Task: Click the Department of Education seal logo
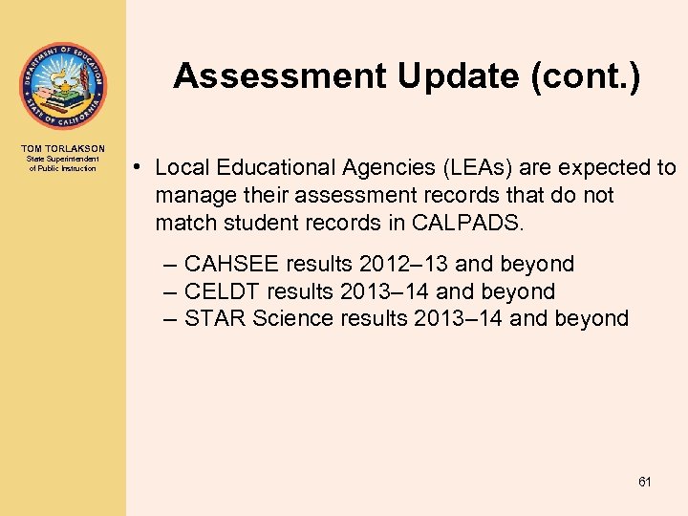pyautogui.click(x=62, y=86)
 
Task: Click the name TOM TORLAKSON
pyautogui.click(x=63, y=148)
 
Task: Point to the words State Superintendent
pyautogui.click(x=63, y=159)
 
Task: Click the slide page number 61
pyautogui.click(x=645, y=482)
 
